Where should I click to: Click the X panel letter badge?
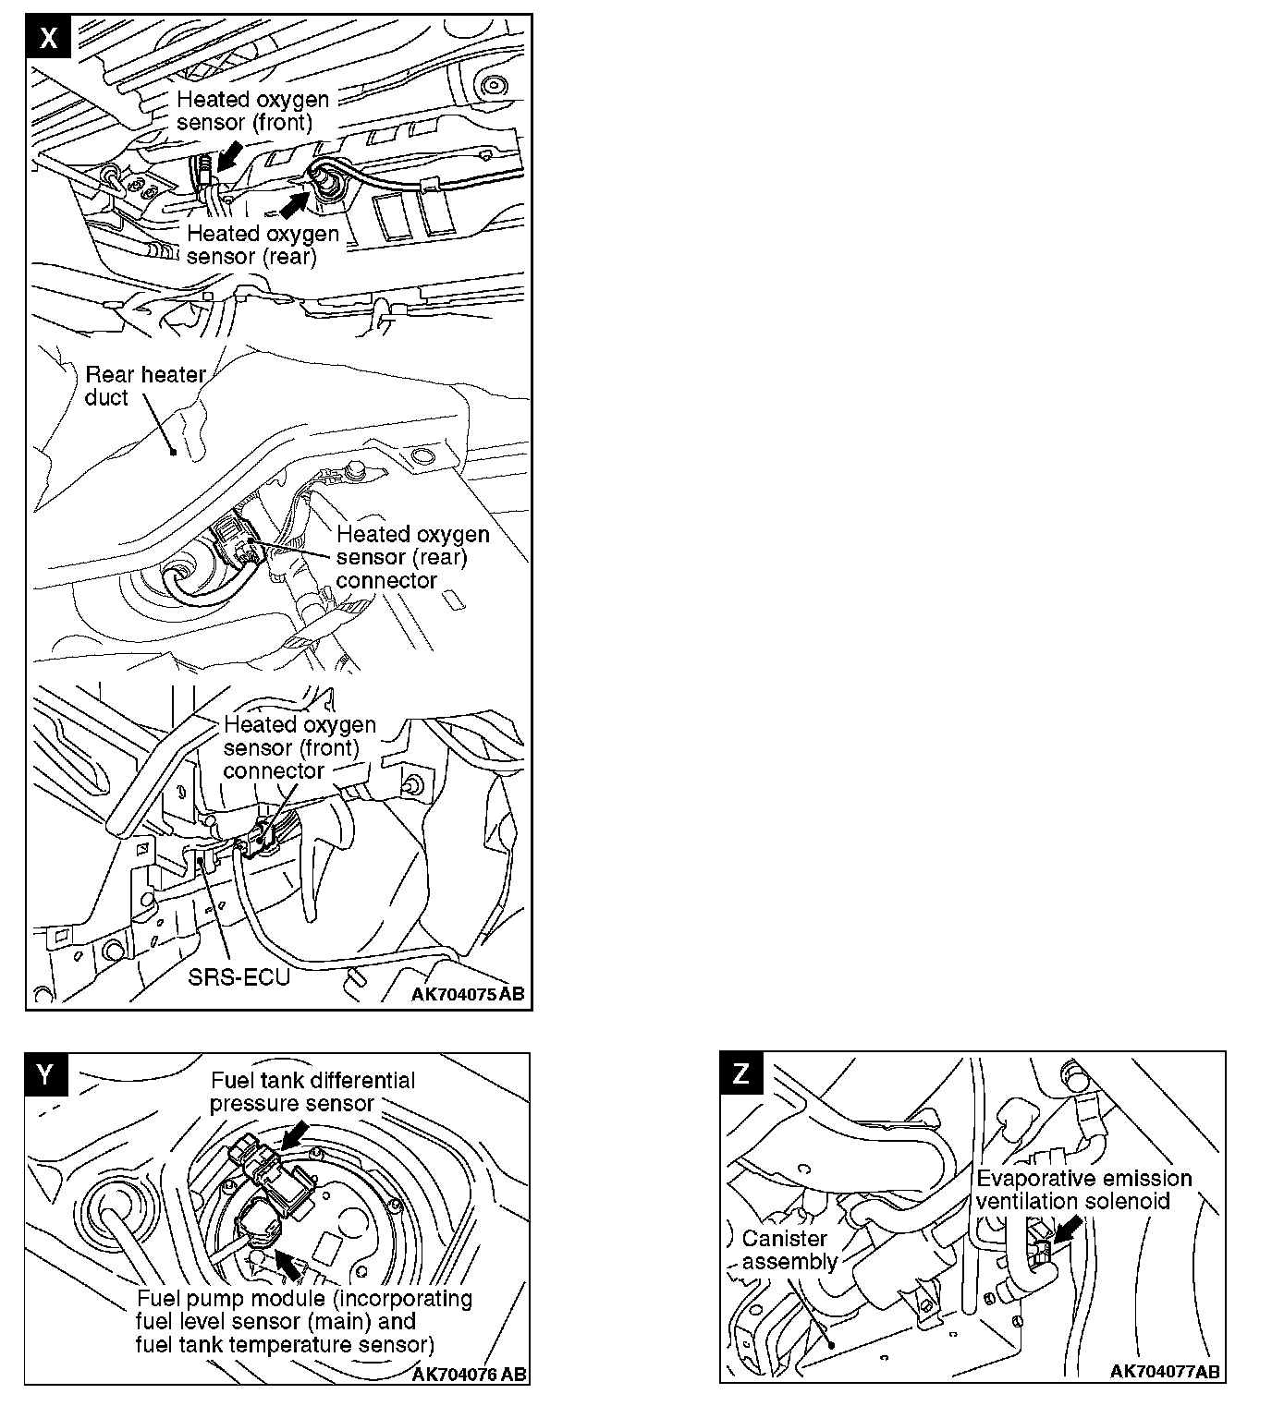tap(48, 37)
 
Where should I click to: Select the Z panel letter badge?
tap(741, 1073)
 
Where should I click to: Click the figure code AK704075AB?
tap(468, 994)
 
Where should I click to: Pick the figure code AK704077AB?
tap(1165, 1371)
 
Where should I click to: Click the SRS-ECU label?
tap(239, 978)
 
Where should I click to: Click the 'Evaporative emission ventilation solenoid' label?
tap(1083, 1190)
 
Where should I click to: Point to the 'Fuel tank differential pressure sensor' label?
tap(312, 1091)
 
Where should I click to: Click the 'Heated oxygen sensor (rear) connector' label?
tap(412, 557)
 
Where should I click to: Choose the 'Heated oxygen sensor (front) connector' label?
tap(300, 747)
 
